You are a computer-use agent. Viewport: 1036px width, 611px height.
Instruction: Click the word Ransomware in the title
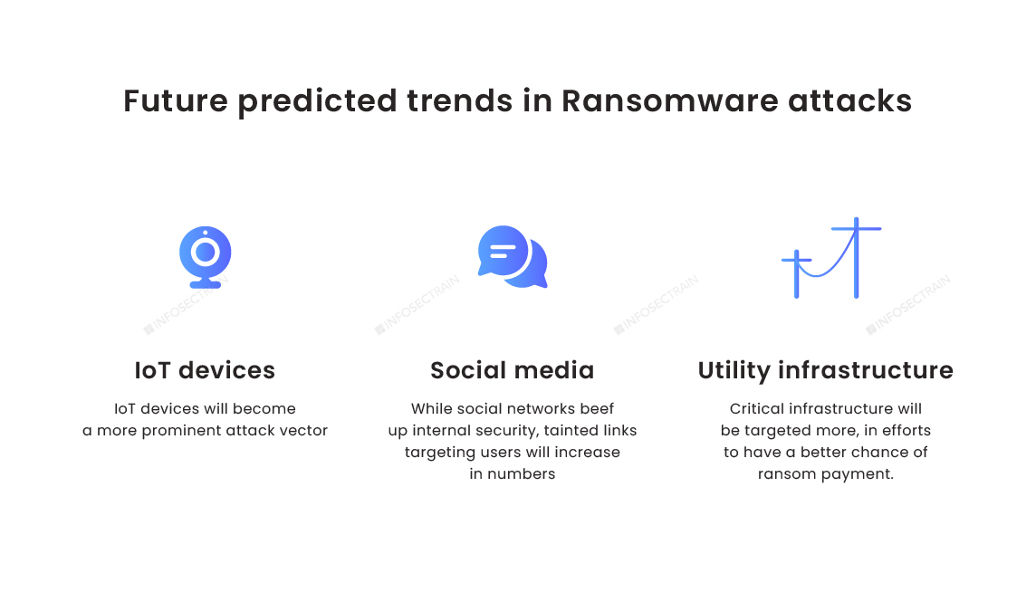(x=669, y=101)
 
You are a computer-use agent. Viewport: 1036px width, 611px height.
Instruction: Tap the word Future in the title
(x=176, y=101)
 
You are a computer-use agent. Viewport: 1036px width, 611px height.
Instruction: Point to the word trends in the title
(x=460, y=101)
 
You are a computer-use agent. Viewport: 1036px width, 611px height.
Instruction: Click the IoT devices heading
(x=205, y=370)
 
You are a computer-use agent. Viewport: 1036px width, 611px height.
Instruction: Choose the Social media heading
(x=512, y=370)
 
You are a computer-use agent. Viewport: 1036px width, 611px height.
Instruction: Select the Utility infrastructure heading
(x=825, y=370)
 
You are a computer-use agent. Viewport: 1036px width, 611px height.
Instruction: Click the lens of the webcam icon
(x=206, y=252)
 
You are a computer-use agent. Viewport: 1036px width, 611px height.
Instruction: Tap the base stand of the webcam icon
(x=206, y=284)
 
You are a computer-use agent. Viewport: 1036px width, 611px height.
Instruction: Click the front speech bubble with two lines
(x=503, y=251)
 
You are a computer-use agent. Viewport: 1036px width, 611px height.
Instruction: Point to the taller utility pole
(x=857, y=258)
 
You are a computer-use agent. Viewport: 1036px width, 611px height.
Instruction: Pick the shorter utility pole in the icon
(x=797, y=273)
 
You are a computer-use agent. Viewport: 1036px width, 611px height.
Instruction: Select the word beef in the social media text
(x=597, y=409)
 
